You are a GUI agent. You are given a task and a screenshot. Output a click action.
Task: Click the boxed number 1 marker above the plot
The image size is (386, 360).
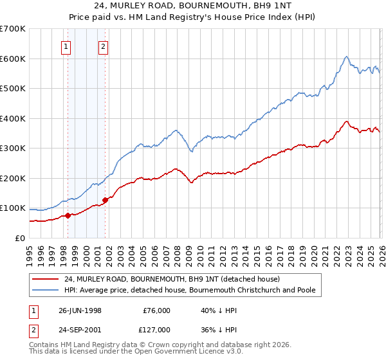pos(67,46)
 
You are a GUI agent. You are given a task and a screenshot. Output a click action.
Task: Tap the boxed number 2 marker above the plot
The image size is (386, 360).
pos(104,46)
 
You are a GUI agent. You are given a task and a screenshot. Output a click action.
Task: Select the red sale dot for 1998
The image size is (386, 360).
pos(68,215)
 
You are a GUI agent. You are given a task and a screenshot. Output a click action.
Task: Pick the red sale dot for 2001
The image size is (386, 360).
pos(105,200)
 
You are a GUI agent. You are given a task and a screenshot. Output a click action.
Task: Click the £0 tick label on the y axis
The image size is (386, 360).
pos(19,239)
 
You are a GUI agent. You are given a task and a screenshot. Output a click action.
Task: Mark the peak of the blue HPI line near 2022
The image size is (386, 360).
pos(346,57)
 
